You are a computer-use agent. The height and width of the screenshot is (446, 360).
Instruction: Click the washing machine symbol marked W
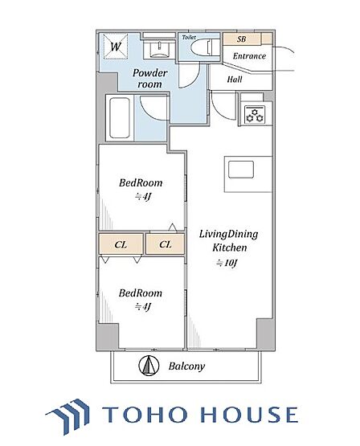pyautogui.click(x=115, y=46)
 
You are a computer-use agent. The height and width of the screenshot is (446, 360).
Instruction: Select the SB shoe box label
pyautogui.click(x=241, y=39)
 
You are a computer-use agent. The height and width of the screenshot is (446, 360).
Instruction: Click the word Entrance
pyautogui.click(x=249, y=55)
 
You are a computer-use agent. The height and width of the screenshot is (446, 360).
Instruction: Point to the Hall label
pyautogui.click(x=235, y=79)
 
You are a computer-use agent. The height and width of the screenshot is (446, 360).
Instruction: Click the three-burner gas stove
pyautogui.click(x=255, y=114)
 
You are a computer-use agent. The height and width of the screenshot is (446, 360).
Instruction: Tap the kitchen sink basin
pyautogui.click(x=241, y=170)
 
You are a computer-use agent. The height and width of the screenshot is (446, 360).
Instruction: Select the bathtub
pyautogui.click(x=120, y=118)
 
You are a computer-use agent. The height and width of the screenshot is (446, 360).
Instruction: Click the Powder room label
pyautogui.click(x=149, y=78)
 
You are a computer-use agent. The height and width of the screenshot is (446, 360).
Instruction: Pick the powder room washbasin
pyautogui.click(x=159, y=50)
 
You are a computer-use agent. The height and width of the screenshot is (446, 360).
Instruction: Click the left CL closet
pyautogui.click(x=121, y=243)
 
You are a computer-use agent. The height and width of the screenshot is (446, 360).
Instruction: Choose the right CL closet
pyautogui.click(x=166, y=243)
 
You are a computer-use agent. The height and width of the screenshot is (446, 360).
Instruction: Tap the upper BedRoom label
pyautogui.click(x=141, y=182)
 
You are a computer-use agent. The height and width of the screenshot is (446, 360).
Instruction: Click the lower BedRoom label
pyautogui.click(x=141, y=293)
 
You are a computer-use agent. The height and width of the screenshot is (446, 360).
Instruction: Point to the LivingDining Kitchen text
pyautogui.click(x=229, y=240)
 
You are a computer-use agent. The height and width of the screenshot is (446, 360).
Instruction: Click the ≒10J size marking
pyautogui.click(x=227, y=263)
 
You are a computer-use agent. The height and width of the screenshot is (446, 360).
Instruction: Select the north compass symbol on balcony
pyautogui.click(x=149, y=366)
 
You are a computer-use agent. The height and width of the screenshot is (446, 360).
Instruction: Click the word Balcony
pyautogui.click(x=186, y=366)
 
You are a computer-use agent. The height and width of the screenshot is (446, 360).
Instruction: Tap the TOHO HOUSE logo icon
pyautogui.click(x=68, y=415)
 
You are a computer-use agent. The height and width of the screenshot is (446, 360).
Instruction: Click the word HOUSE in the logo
pyautogui.click(x=249, y=414)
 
